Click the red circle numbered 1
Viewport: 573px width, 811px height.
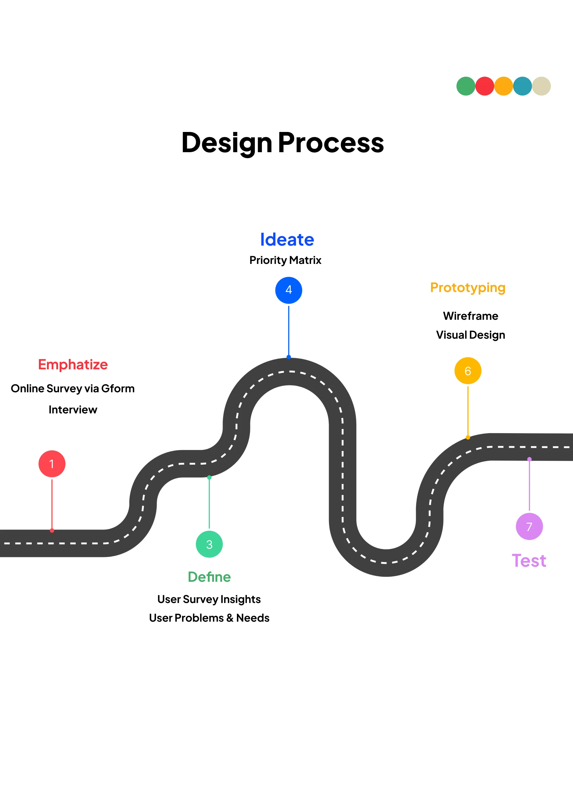(52, 464)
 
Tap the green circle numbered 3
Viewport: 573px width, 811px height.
(209, 544)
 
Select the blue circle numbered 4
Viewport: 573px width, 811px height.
(289, 290)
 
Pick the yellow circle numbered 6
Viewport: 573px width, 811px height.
(468, 371)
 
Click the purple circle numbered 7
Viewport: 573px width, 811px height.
(529, 526)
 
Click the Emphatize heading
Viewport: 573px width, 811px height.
(73, 364)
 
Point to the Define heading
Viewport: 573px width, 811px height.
(209, 577)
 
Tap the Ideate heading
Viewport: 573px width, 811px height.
(287, 240)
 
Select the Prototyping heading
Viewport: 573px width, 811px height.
(468, 288)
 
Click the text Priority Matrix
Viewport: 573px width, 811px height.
(285, 260)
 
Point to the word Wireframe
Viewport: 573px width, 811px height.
(471, 316)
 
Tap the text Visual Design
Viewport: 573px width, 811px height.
(471, 335)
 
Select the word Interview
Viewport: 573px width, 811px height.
(73, 410)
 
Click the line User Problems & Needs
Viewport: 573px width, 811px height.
(209, 618)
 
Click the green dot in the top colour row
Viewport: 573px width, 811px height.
(465, 86)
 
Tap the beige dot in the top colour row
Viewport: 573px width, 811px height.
(541, 86)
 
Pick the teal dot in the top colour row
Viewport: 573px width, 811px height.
(523, 86)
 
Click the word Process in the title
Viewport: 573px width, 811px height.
(331, 143)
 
